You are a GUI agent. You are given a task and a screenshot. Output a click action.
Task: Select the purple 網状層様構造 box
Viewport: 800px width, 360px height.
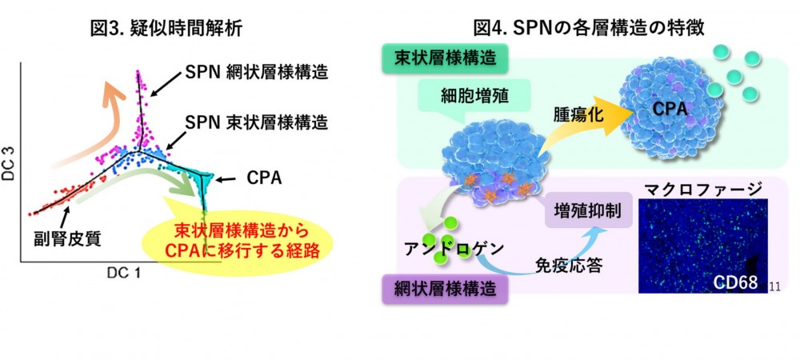click(446, 285)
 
